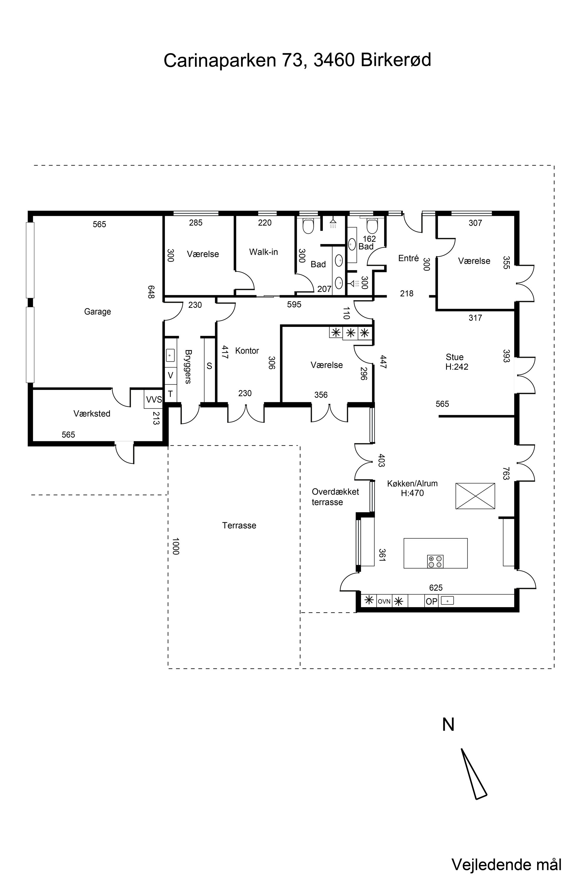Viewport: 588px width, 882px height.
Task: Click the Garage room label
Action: coord(98,312)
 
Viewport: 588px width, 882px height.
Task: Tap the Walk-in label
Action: coord(264,252)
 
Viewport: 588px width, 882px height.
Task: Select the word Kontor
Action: coord(247,351)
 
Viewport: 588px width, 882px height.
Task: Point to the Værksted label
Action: coord(92,414)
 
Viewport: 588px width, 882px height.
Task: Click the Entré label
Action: coord(408,258)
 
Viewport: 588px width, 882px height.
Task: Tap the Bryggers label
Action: coord(188,367)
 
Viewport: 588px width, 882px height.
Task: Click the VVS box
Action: coord(154,399)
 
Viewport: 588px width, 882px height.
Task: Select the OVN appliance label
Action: coord(384,602)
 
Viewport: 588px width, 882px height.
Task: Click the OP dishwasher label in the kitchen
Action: coord(432,602)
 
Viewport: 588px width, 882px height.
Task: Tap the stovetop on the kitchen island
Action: coord(435,561)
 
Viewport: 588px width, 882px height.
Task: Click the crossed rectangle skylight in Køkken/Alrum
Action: coord(475,496)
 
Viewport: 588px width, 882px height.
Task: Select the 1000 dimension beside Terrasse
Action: coord(176,546)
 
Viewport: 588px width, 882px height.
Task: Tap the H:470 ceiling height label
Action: coord(412,493)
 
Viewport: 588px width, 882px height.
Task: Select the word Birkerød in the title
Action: coord(396,60)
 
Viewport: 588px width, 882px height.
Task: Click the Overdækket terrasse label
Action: coord(335,497)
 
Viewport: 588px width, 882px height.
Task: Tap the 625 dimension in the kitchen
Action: coord(436,588)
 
